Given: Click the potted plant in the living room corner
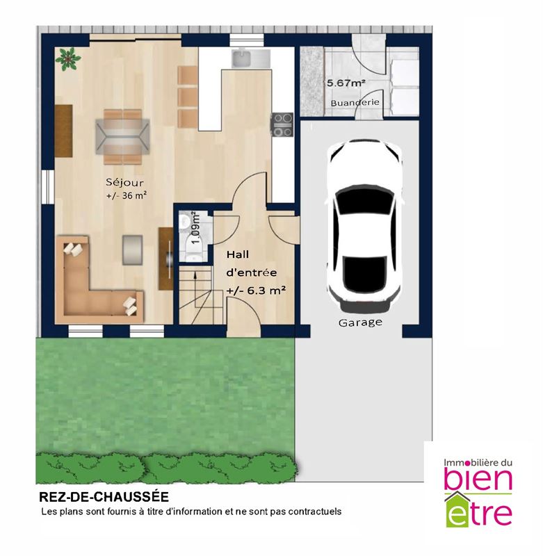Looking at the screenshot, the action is [67, 59].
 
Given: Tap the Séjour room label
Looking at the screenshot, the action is [125, 183].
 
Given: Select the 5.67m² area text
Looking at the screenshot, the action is [346, 83].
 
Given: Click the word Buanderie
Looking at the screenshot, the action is [355, 102].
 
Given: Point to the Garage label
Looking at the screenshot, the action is [360, 322].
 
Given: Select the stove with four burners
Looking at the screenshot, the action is [282, 124].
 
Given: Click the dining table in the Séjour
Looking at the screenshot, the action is [123, 137].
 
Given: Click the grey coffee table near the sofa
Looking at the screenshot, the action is [133, 250].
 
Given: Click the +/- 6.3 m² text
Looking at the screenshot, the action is [257, 291].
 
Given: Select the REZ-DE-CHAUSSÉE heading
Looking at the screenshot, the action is [104, 497].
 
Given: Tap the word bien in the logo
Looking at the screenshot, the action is [478, 478].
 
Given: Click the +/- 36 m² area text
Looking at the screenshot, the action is [127, 195].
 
